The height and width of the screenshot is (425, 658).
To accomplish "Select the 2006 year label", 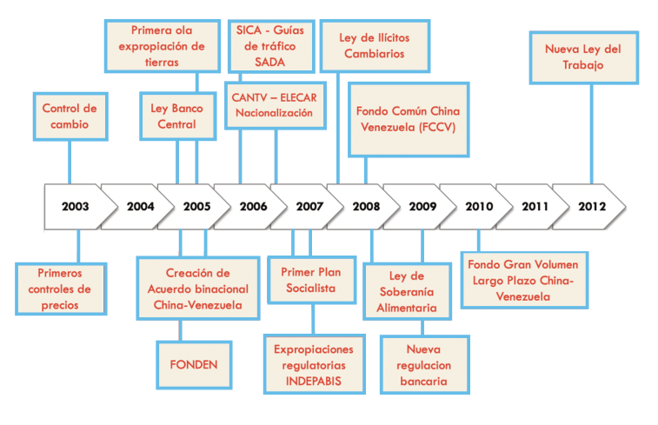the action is (x=254, y=207).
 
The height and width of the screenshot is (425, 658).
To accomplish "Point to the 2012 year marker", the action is (x=592, y=207).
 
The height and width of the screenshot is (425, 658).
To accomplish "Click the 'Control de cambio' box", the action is (x=70, y=116).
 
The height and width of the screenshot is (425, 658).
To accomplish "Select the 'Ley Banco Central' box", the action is (x=178, y=116).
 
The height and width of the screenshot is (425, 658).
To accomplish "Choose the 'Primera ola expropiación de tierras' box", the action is (x=163, y=46).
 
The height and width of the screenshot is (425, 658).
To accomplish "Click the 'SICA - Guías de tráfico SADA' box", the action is (x=271, y=46).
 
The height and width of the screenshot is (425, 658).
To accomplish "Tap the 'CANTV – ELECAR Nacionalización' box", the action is (x=276, y=105).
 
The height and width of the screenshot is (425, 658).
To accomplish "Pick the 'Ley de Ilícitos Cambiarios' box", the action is (x=376, y=46).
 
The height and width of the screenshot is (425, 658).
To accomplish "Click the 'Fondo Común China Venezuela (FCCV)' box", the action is (x=409, y=120).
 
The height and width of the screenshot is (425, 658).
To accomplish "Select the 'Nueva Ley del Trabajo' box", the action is (x=584, y=57).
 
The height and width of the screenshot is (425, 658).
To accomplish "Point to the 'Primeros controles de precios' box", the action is (x=61, y=289).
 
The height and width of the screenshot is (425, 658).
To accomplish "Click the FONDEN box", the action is (x=194, y=365).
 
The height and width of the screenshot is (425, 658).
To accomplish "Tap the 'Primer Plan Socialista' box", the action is (x=312, y=280).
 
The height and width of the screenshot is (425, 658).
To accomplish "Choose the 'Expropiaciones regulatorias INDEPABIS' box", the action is (x=315, y=364).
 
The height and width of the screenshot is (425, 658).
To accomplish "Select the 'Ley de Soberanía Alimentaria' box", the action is (x=407, y=291).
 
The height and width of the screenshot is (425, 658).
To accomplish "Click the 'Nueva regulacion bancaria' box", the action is (x=425, y=365).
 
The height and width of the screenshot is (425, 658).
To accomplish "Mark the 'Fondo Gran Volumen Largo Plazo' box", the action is (x=524, y=280).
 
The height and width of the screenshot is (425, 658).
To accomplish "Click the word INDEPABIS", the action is (x=314, y=381).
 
